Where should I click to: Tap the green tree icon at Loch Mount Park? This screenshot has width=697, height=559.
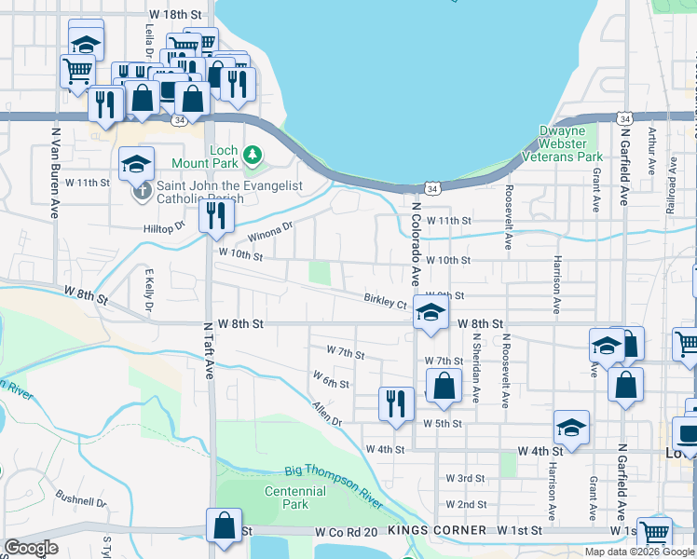click(252, 153)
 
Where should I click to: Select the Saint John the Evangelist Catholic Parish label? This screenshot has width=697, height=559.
click(230, 192)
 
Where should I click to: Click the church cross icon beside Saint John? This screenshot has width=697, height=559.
click(142, 193)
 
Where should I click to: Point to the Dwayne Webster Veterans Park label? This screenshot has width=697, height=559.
click(571, 143)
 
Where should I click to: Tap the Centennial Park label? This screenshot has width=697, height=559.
click(287, 498)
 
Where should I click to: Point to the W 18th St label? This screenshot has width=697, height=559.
click(175, 16)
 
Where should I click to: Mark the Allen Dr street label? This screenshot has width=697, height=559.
click(328, 415)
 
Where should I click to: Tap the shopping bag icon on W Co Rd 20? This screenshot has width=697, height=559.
click(225, 525)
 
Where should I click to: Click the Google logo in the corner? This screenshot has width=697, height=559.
click(31, 548)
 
